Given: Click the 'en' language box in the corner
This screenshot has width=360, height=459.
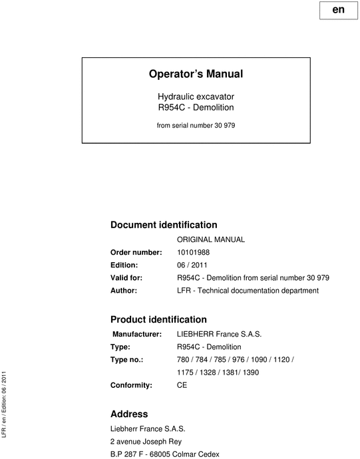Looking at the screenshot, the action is click(338, 11).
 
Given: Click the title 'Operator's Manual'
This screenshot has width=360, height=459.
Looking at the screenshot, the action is click(196, 74).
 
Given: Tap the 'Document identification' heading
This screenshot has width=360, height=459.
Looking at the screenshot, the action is click(164, 225).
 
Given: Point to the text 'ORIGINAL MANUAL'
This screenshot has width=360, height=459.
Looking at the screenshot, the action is click(211, 239).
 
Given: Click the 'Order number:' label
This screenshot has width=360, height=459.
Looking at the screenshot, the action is click(136, 252).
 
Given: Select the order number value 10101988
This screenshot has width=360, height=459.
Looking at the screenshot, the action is click(193, 252).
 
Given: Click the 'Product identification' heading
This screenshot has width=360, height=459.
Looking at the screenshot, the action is click(158, 319).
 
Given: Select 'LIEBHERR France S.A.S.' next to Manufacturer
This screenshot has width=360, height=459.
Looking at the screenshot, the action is click(218, 334).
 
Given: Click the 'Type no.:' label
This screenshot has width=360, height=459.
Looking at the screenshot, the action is click(128, 359).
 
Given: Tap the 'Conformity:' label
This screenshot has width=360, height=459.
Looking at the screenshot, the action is click(131, 384).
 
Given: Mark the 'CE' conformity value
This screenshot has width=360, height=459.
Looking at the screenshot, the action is click(182, 384).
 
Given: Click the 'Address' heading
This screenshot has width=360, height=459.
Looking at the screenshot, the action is click(129, 414).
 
